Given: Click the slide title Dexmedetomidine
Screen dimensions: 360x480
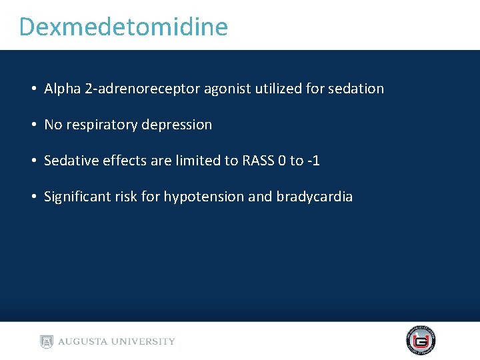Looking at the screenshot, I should point(123,27).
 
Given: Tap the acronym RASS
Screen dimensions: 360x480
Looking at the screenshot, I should point(258,161).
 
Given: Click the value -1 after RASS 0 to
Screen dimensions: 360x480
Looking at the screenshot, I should point(313,161).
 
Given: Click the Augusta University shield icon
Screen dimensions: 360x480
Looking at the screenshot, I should point(46,341).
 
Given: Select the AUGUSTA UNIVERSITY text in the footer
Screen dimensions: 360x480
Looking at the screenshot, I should point(117,341).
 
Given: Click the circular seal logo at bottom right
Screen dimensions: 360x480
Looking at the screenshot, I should point(421,341).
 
